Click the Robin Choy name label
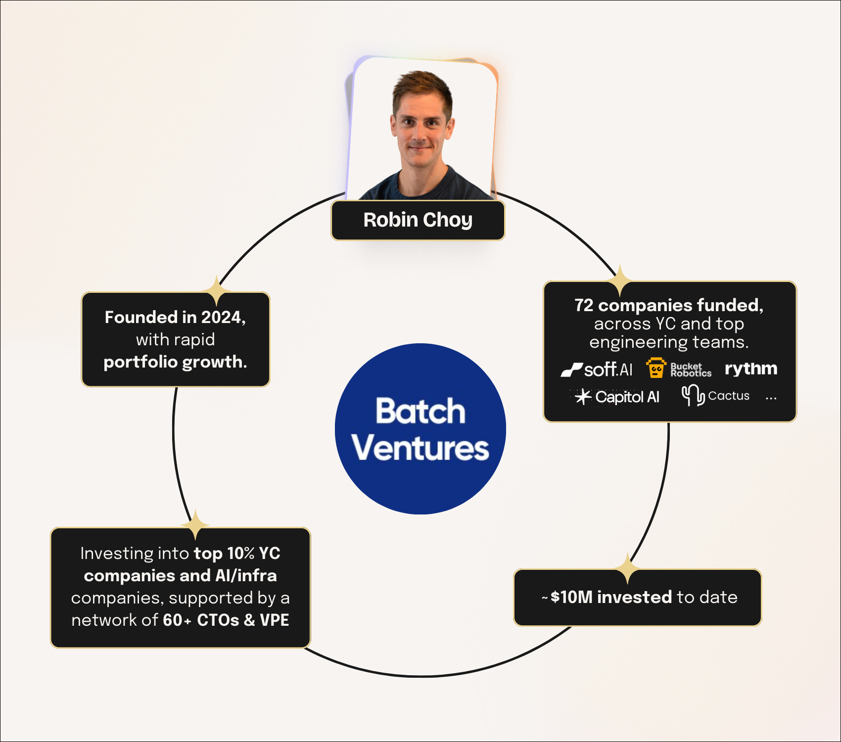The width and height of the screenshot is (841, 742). pyautogui.click(x=418, y=220)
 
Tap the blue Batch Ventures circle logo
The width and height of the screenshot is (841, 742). pyautogui.click(x=420, y=429)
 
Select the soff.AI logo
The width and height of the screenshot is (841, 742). pyautogui.click(x=597, y=370)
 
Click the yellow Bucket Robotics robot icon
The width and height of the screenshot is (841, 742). pyautogui.click(x=656, y=369)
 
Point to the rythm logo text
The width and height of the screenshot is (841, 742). pyautogui.click(x=750, y=369)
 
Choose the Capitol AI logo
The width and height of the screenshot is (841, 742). pyautogui.click(x=617, y=397)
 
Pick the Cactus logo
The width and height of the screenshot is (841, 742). pyautogui.click(x=715, y=396)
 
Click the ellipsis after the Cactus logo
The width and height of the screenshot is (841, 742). pyautogui.click(x=771, y=398)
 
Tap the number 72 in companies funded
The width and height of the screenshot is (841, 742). pyautogui.click(x=584, y=306)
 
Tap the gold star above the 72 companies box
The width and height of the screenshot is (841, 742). pyautogui.click(x=620, y=280)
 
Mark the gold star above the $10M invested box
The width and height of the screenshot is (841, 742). pyautogui.click(x=627, y=568)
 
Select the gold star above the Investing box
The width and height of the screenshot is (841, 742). pyautogui.click(x=196, y=524)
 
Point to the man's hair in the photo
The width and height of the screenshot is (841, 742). pyautogui.click(x=420, y=84)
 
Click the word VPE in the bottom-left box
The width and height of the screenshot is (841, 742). pyautogui.click(x=274, y=620)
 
